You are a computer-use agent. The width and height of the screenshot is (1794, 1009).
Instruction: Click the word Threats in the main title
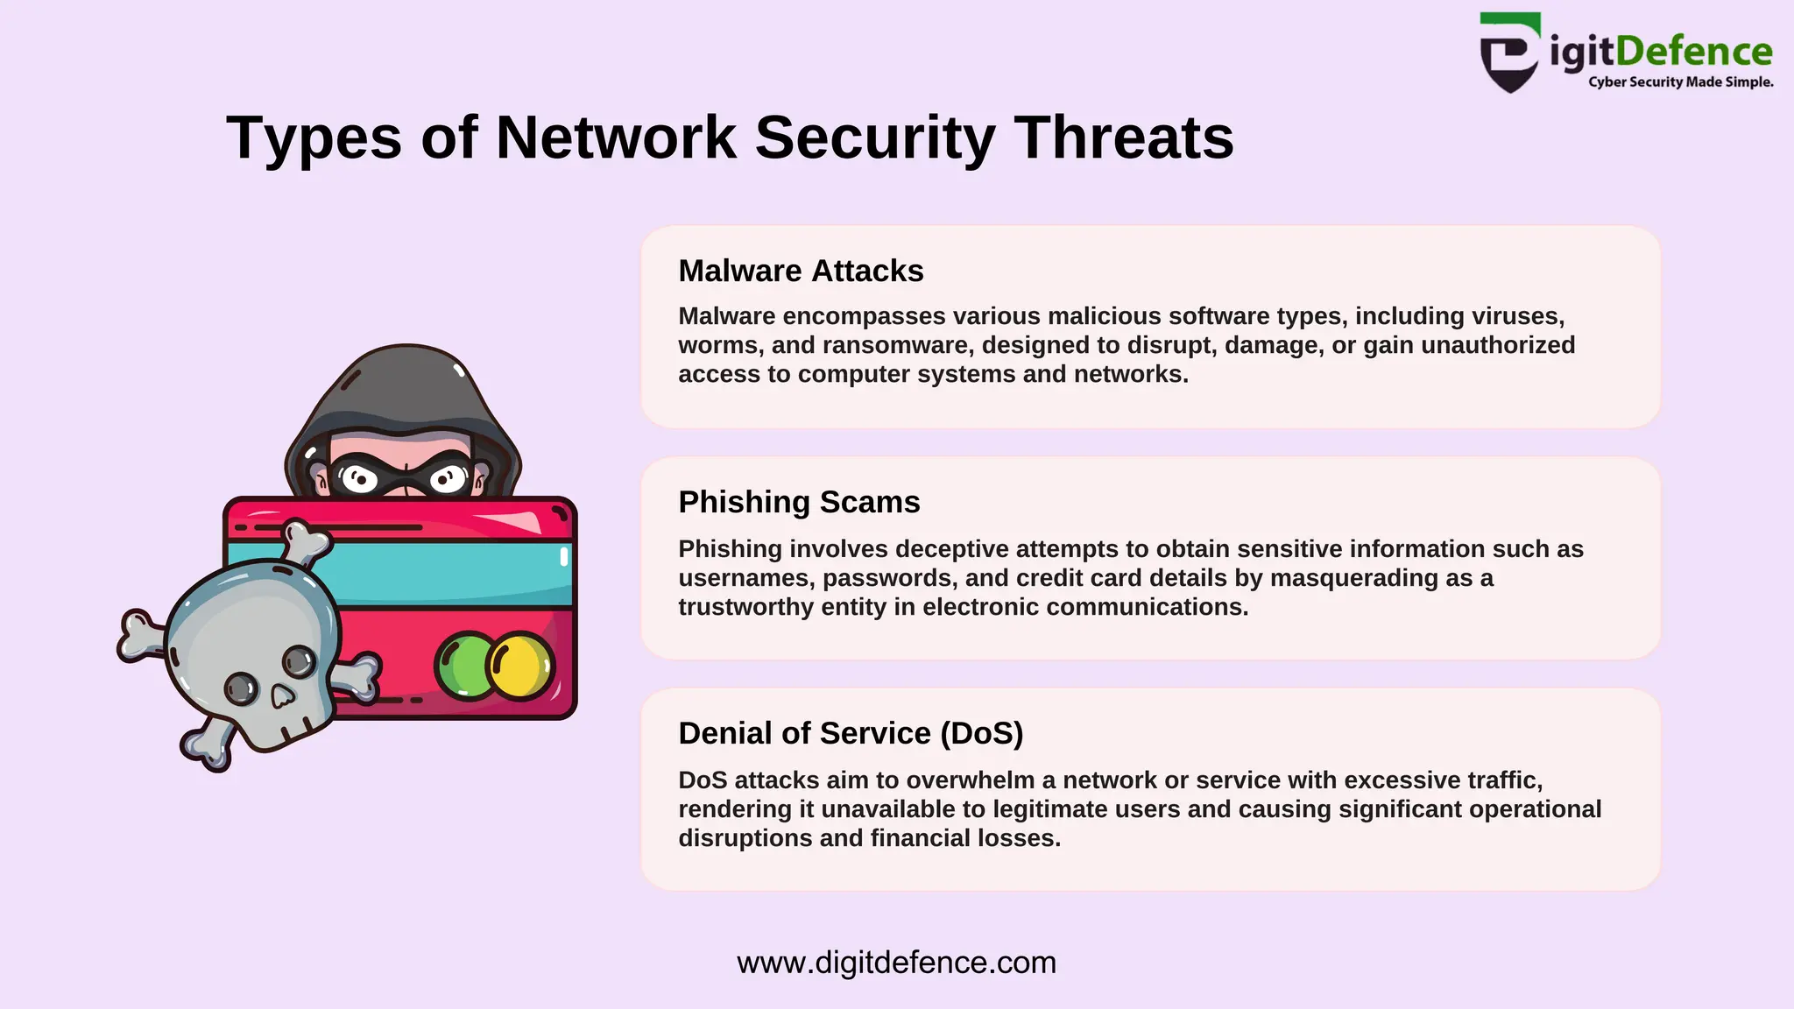tap(1124, 138)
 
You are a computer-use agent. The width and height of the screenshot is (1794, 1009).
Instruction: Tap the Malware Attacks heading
tap(801, 272)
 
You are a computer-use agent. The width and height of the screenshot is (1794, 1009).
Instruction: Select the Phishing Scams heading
tap(799, 503)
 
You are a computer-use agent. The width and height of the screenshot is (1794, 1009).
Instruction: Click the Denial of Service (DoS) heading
tap(851, 733)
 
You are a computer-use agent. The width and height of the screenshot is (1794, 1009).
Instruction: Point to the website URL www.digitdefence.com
tap(896, 963)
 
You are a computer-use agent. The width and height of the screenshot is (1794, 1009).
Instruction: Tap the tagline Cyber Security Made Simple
tap(1680, 82)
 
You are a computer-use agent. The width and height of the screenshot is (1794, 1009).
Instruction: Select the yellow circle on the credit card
tap(521, 666)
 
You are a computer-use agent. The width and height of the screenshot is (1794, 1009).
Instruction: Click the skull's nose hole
tap(282, 697)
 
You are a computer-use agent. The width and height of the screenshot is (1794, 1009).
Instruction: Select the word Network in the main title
tap(616, 138)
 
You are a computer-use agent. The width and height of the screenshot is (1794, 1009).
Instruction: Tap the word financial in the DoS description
tap(922, 838)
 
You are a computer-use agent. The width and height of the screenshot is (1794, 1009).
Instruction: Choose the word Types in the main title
tap(314, 138)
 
